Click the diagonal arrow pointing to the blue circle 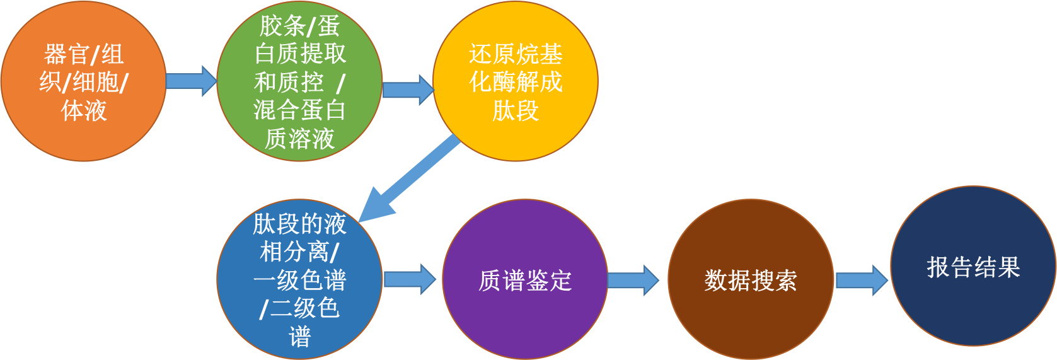pyautogui.click(x=413, y=177)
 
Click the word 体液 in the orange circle pyautogui.click(x=84, y=110)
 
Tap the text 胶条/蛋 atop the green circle pyautogui.click(x=299, y=26)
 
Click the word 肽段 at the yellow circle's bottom pyautogui.click(x=516, y=110)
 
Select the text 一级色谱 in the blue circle pyautogui.click(x=299, y=280)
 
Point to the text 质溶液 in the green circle pyautogui.click(x=299, y=138)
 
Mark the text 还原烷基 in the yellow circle pyautogui.click(x=516, y=54)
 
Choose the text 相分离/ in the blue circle pyautogui.click(x=299, y=252)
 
